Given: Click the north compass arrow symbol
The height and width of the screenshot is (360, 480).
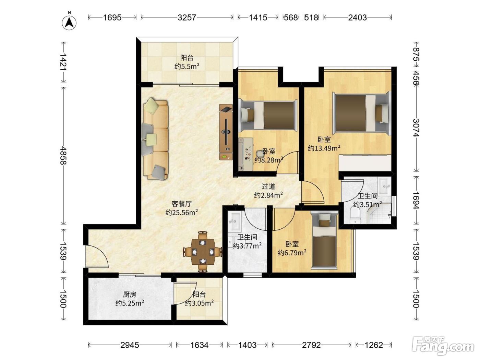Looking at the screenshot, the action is tap(69, 23).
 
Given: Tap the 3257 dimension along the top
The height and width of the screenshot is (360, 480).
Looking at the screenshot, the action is tap(187, 17).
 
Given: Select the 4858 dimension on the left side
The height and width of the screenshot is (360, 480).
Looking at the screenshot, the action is tap(63, 155).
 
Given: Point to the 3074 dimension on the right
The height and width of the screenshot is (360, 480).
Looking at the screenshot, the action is tap(416, 128).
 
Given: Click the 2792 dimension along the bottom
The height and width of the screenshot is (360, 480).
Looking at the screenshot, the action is tap(311, 345).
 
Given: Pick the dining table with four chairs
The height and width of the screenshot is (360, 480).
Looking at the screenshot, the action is tap(203, 252).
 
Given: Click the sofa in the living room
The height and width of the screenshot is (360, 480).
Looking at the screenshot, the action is tap(155, 139).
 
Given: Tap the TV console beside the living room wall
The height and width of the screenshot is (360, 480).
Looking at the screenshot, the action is tap(226, 132).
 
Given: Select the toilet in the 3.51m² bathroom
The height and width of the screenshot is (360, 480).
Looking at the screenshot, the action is tap(355, 215).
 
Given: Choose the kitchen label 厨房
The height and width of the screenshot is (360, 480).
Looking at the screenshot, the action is tap(130, 295).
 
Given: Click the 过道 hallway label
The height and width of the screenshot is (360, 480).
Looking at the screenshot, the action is tap(268, 187).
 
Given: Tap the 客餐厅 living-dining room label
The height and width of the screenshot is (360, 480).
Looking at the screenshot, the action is tap(181, 204).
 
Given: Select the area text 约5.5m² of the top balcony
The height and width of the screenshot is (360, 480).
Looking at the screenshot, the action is tap(187, 66).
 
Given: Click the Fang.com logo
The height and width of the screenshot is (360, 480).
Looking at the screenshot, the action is tap(443, 346).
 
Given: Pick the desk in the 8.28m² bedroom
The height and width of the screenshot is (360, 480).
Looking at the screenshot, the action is tap(246, 154).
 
